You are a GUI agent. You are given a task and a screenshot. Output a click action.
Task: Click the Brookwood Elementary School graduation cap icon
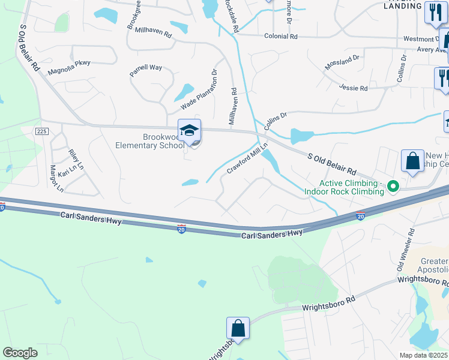[x=189, y=130]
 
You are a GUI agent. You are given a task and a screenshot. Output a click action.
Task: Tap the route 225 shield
[x=41, y=131]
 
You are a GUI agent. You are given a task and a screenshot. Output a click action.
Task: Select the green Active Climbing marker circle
[x=394, y=187]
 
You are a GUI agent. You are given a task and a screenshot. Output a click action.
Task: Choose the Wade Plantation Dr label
[x=199, y=89]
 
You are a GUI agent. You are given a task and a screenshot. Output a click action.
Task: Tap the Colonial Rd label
[x=280, y=37]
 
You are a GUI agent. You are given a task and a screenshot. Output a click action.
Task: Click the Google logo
[x=20, y=353]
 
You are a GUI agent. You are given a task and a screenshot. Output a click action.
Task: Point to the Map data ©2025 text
[x=423, y=355]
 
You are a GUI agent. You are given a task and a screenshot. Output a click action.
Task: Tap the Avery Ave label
[x=429, y=50]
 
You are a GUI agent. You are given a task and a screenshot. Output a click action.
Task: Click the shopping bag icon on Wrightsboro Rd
[x=238, y=328]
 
